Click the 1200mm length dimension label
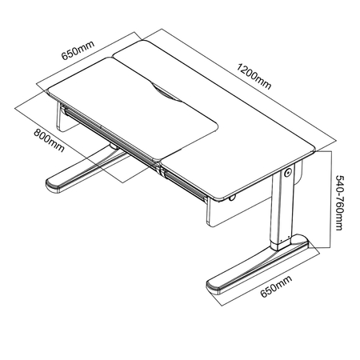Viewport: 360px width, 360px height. click(254, 77)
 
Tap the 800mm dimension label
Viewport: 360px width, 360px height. click(49, 141)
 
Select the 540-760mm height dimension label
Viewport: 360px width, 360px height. click(338, 202)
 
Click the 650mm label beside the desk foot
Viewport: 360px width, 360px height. click(277, 286)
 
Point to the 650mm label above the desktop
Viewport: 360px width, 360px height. click(78, 50)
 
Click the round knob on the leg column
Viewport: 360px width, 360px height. click(288, 173)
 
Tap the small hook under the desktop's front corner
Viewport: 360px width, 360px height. click(232, 198)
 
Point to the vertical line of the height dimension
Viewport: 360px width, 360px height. click(331, 199)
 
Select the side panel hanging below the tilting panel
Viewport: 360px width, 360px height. click(63, 118)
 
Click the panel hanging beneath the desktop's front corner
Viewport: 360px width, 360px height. click(238, 212)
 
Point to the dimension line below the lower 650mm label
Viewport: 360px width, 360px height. click(270, 279)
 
